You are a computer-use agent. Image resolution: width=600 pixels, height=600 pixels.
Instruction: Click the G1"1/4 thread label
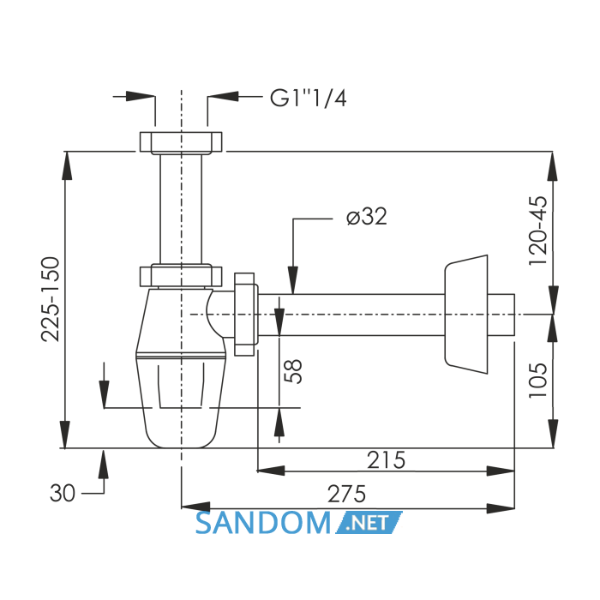coord(308,98)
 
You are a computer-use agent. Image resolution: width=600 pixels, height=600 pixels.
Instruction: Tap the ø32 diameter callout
coord(367,217)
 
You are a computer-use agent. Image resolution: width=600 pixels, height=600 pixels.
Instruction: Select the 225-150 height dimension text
coord(51,300)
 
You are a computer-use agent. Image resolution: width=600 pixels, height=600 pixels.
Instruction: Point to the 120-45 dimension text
coord(538,231)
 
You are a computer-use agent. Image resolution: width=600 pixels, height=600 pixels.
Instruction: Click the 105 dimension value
coord(538,380)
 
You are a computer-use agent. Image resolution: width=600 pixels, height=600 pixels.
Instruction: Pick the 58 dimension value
coord(293,371)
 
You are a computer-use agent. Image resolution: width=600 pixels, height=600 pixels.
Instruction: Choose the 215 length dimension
coord(386,460)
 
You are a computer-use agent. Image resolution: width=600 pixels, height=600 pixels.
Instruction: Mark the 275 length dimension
coord(346,494)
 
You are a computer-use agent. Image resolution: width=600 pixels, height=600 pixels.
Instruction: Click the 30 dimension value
coord(63,493)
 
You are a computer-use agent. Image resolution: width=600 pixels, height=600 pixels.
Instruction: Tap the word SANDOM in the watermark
coord(263,524)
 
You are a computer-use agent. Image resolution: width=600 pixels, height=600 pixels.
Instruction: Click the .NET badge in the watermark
coord(369,523)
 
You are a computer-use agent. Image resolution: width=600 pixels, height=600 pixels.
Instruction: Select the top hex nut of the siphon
coord(181,142)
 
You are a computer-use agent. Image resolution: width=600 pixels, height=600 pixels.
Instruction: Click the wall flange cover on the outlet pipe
coord(466,315)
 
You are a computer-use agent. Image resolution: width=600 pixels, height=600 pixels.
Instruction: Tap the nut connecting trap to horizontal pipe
coord(246,315)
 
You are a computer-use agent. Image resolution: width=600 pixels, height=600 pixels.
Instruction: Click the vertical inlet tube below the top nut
coord(181,209)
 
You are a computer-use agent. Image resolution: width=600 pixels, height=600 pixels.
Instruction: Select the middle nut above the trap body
coord(181,275)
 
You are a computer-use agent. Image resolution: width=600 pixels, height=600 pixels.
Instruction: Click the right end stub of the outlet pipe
coord(501,315)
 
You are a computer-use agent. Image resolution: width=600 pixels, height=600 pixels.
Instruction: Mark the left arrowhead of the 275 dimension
coord(195,507)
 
